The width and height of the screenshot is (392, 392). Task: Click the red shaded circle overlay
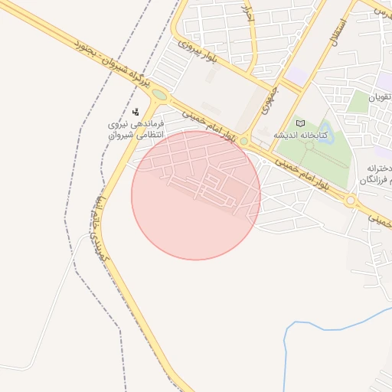click(196, 196)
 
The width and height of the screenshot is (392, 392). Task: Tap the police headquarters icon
click(136, 112)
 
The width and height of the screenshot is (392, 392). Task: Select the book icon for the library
click(299, 123)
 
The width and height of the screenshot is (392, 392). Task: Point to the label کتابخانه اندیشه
click(301, 136)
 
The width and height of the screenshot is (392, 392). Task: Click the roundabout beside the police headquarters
click(159, 95)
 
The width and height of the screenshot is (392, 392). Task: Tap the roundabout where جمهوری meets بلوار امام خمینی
click(244, 142)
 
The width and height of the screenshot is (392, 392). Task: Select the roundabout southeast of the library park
click(351, 201)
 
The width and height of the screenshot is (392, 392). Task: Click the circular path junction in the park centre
click(309, 145)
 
